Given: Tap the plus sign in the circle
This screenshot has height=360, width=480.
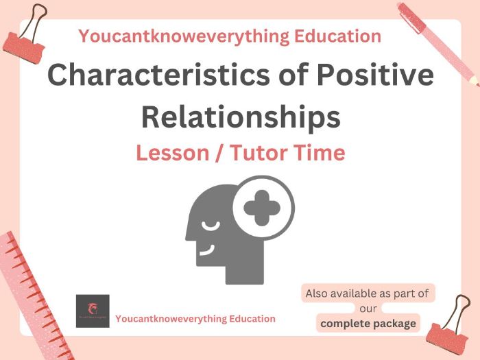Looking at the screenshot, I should pos(262,206).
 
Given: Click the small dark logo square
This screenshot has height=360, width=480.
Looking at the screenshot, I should pos(93,311).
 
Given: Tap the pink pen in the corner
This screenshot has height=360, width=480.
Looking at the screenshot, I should pos(438,42).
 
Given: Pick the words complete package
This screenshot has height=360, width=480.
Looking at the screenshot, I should pos(369,324).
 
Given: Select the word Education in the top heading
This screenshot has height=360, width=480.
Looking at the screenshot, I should pos(340,36).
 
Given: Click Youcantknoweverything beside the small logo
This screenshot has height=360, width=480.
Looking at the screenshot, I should pos(166,319).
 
